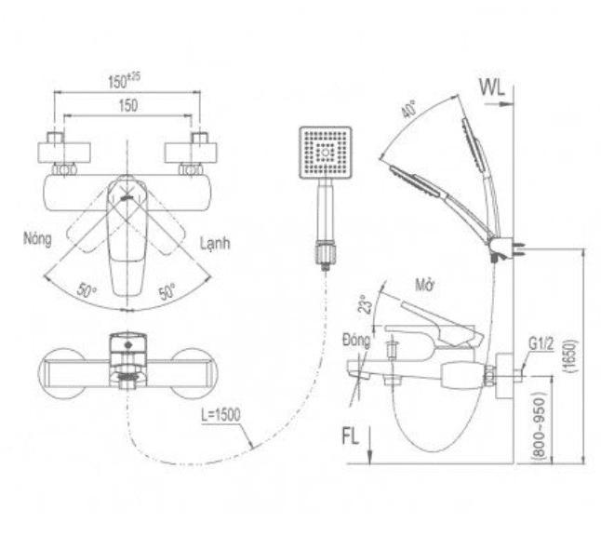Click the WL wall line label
tap(492, 88)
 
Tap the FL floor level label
tap(350, 436)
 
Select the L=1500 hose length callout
tap(221, 415)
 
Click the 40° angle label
tap(409, 109)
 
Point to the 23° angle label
tap(367, 305)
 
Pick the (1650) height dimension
tap(570, 355)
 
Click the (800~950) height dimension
tap(540, 425)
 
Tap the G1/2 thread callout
tap(541, 344)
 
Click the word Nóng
tap(37, 239)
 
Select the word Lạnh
tap(215, 243)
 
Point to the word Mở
tap(425, 286)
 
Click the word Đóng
tap(357, 341)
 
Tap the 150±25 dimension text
tap(124, 80)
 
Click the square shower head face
tap(326, 153)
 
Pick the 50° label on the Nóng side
tap(87, 289)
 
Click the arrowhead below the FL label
tap(370, 457)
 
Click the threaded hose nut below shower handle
tap(326, 252)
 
